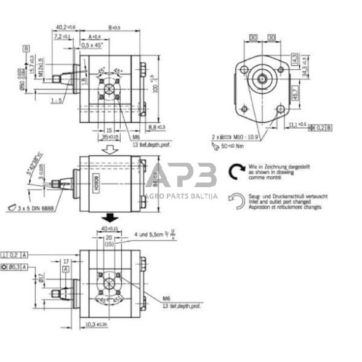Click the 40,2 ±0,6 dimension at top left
tap(66, 27)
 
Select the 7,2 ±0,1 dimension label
tap(62, 37)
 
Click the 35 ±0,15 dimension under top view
tap(110, 136)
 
